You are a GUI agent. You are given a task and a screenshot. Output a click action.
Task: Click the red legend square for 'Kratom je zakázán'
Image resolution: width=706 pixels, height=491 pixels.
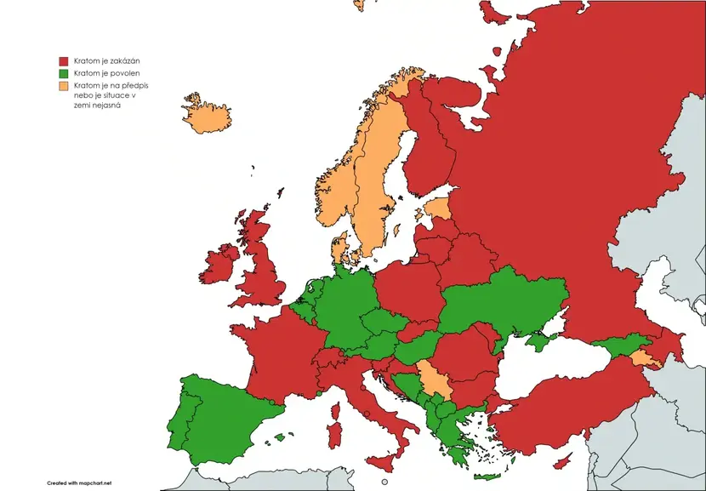(63, 61)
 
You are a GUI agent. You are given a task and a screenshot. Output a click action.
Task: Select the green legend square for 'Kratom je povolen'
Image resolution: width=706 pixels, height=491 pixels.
(63, 74)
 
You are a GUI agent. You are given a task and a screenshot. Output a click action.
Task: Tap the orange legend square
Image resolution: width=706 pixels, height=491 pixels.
(63, 87)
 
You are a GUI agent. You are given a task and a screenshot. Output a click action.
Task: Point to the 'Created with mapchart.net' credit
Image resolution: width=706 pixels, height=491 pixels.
(79, 482)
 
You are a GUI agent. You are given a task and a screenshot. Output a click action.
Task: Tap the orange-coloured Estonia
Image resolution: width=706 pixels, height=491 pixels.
(438, 208)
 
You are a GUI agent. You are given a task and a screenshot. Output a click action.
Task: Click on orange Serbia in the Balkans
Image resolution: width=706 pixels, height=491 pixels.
(433, 380)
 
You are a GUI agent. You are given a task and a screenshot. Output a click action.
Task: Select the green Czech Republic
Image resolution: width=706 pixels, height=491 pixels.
(379, 323)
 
